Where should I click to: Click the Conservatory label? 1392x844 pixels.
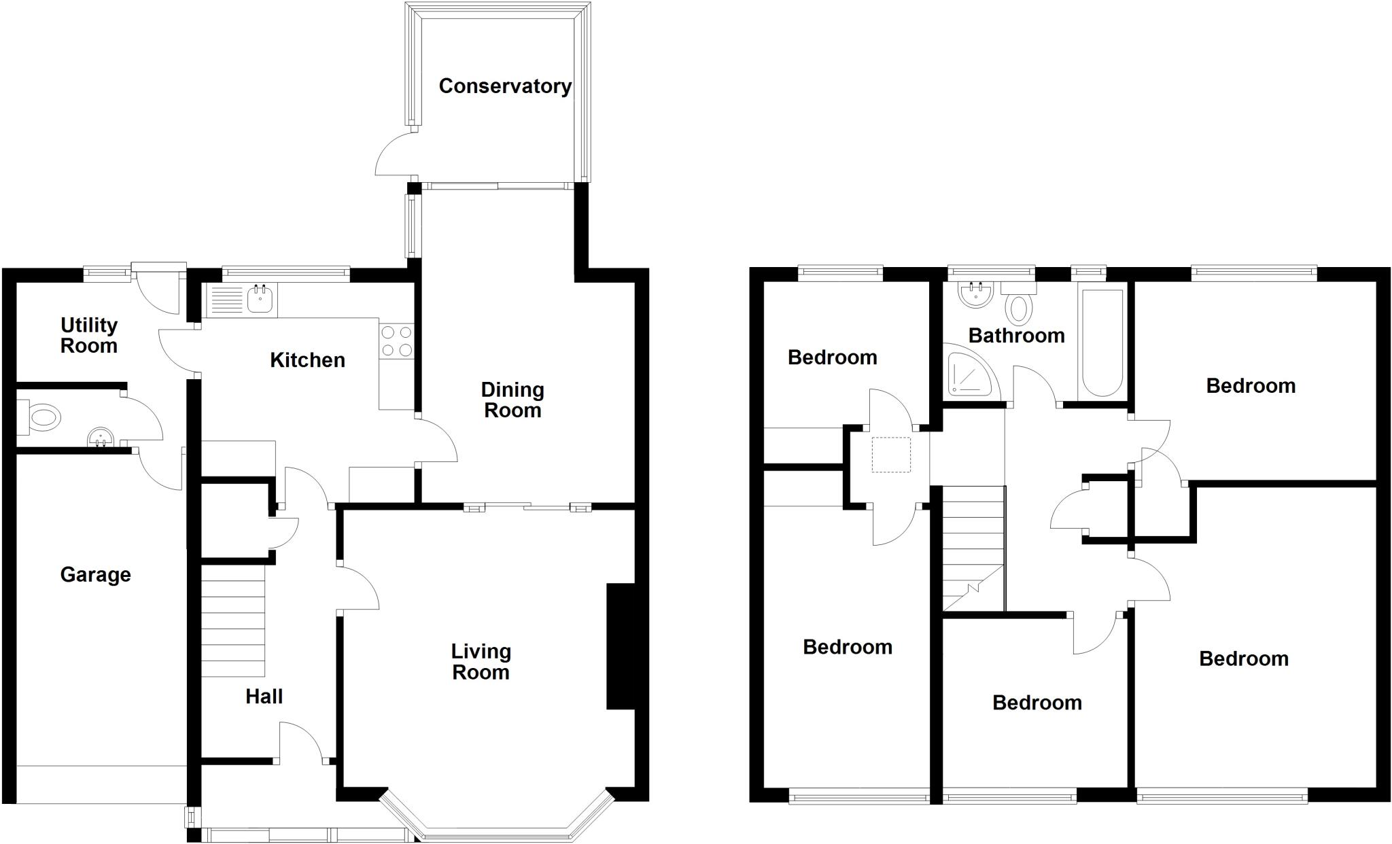pyautogui.click(x=504, y=86)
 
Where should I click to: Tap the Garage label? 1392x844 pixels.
pyautogui.click(x=95, y=575)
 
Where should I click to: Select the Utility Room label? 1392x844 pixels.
pyautogui.click(x=89, y=336)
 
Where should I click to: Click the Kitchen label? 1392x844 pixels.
pyautogui.click(x=307, y=360)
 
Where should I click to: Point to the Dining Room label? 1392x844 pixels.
pyautogui.click(x=512, y=400)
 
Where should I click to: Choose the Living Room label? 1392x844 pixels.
pyautogui.click(x=481, y=662)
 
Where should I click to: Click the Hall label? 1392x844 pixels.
pyautogui.click(x=264, y=697)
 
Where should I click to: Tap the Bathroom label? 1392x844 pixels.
pyautogui.click(x=1016, y=336)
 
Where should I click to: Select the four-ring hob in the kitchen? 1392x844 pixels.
pyautogui.click(x=396, y=342)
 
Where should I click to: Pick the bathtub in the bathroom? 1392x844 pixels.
pyautogui.click(x=1102, y=343)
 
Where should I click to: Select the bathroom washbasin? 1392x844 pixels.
pyautogui.click(x=975, y=294)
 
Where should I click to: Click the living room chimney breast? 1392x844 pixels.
pyautogui.click(x=620, y=646)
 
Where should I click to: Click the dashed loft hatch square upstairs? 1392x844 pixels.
pyautogui.click(x=891, y=455)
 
